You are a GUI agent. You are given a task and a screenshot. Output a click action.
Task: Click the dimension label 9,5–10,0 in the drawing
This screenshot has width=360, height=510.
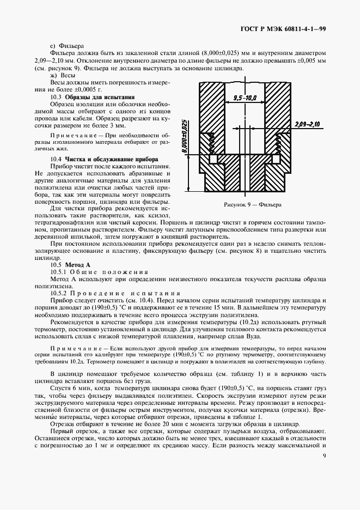pos(245,98)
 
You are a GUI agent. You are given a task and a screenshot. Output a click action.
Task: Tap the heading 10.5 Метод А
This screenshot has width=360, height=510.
pos(69,264)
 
